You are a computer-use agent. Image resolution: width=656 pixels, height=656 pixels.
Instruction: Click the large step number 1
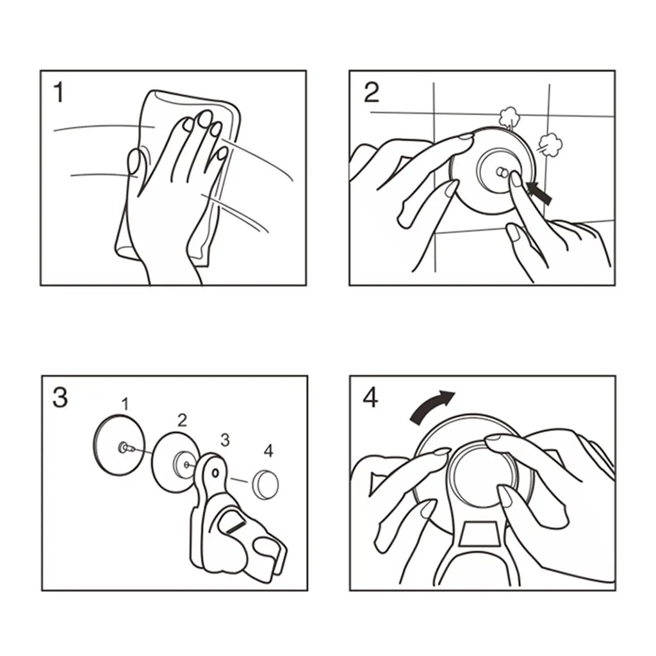coord(59,92)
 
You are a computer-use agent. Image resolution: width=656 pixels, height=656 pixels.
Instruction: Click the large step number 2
coord(372,92)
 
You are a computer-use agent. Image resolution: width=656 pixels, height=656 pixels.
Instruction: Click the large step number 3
coord(60,397)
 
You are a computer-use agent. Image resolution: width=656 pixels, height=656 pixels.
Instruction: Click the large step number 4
coord(370,398)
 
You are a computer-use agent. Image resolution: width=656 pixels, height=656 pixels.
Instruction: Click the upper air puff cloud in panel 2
coord(508,115)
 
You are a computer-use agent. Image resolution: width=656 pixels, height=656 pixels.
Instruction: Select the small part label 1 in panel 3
coord(125,404)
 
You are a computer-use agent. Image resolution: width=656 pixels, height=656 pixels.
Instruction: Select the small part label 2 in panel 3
coord(181,420)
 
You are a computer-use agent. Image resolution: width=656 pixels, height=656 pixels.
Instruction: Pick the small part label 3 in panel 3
coord(225,439)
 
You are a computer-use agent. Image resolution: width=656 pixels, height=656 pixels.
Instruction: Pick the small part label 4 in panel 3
coord(268,451)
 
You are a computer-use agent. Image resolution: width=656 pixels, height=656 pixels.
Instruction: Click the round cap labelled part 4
coord(265,484)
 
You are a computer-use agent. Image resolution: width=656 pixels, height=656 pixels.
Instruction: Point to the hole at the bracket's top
coord(215,473)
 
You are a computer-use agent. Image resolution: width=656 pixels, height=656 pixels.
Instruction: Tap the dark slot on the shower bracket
coord(236,527)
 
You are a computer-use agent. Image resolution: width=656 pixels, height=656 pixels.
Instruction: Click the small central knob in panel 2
coord(502,172)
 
